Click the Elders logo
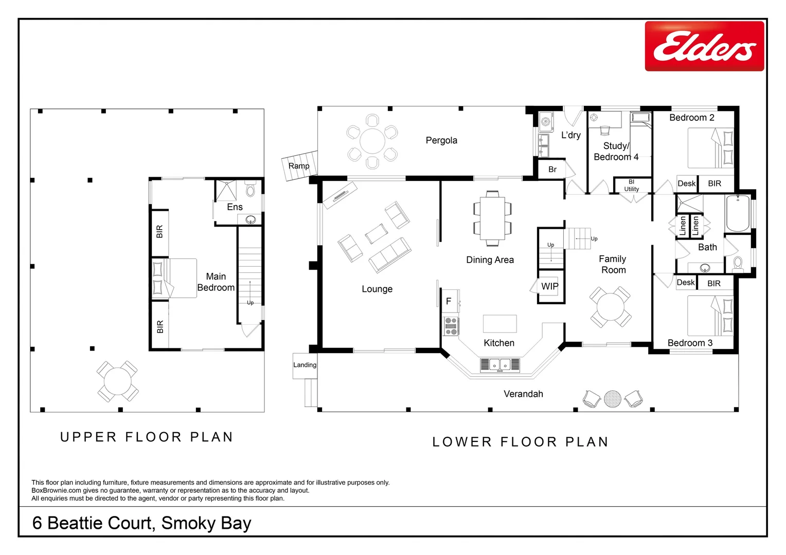tap(704, 46)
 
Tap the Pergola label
tap(441, 140)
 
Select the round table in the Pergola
tap(372, 141)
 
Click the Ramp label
tap(299, 166)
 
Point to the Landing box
tap(305, 365)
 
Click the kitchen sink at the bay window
tap(499, 365)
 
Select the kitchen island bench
tap(499, 324)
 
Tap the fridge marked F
tap(449, 302)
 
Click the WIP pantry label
tap(549, 286)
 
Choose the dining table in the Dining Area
tap(492, 218)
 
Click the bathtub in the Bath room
tap(738, 213)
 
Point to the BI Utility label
tap(631, 186)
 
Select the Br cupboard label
tap(552, 170)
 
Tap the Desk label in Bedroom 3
tap(685, 283)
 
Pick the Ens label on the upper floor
tap(235, 207)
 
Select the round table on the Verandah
tap(612, 399)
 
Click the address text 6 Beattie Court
tap(141, 523)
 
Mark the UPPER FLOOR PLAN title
tap(147, 437)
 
